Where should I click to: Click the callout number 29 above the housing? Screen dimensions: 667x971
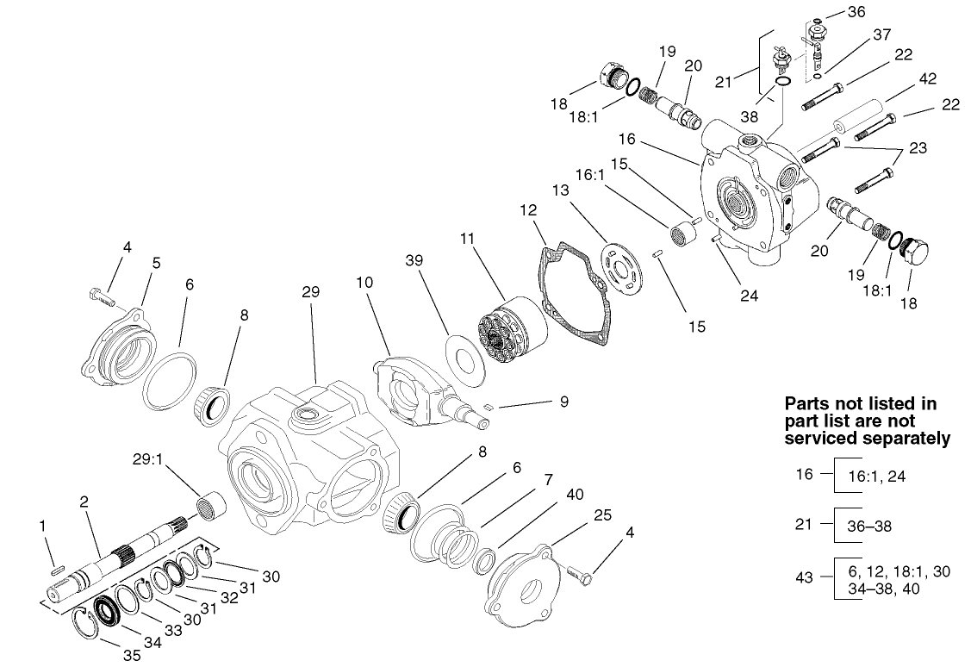[310, 292]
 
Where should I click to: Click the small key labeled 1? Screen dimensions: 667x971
[57, 568]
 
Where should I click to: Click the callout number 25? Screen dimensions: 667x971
[603, 515]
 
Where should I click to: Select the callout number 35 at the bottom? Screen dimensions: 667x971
[131, 655]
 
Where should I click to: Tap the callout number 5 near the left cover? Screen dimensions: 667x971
[156, 264]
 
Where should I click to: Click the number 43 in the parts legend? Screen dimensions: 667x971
[804, 578]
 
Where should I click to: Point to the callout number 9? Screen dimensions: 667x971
[563, 401]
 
